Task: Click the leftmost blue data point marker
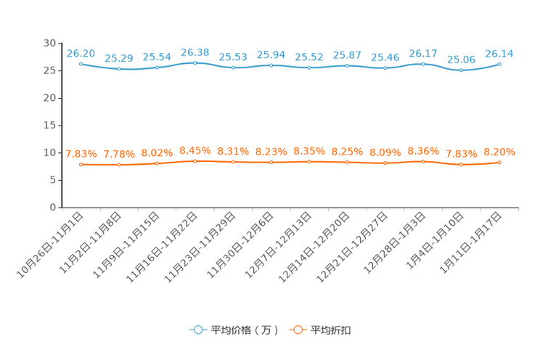pos(81,64)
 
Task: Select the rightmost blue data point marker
pos(499,65)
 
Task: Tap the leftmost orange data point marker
pos(81,165)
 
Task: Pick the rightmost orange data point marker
pos(499,163)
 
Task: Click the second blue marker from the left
pos(119,69)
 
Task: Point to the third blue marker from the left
pos(157,68)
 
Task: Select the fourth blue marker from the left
pos(195,63)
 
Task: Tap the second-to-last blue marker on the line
pos(461,70)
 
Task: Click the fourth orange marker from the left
pos(195,160)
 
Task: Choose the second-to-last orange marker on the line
pos(461,165)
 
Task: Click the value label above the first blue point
pos(81,53)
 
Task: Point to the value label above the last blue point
pos(499,53)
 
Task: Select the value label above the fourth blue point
pos(195,52)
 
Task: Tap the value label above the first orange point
pos(81,154)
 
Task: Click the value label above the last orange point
pos(499,152)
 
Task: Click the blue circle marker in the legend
pos(197,330)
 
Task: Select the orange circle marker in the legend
pos(297,330)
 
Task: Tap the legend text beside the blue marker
pos(244,330)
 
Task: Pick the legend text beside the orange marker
pos(331,330)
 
